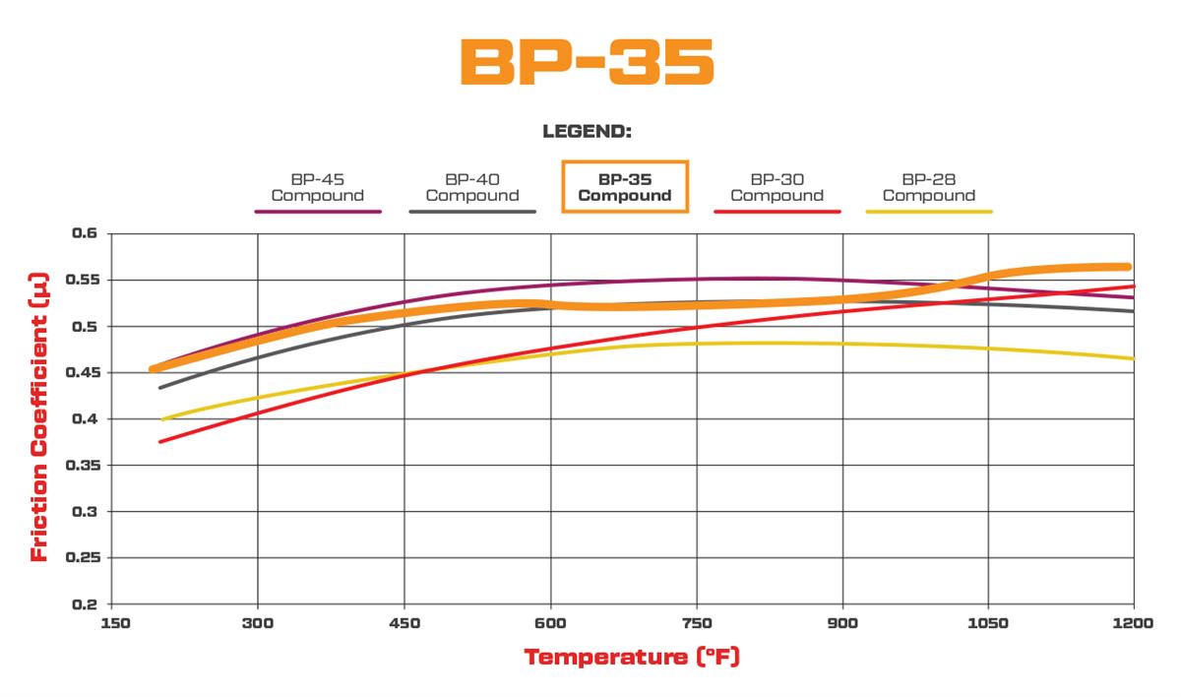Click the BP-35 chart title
pos(587,62)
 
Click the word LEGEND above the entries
pos(587,131)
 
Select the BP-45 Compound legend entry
pos(317,187)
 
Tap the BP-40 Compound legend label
pos(471,187)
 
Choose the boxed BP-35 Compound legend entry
pos(625,187)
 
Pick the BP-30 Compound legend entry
pos(777,187)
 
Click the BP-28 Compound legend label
pos(928,187)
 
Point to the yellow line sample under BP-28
pos(928,212)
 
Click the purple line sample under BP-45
pos(317,212)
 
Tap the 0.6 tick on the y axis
pos(87,234)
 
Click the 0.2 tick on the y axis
pos(87,603)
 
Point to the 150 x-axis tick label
pos(114,623)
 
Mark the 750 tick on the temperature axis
pos(696,623)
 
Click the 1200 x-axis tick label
pos(1133,623)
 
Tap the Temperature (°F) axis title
pos(631,657)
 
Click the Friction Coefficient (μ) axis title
pos(39,417)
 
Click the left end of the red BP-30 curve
pos(160,441)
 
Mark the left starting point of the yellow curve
pos(163,419)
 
